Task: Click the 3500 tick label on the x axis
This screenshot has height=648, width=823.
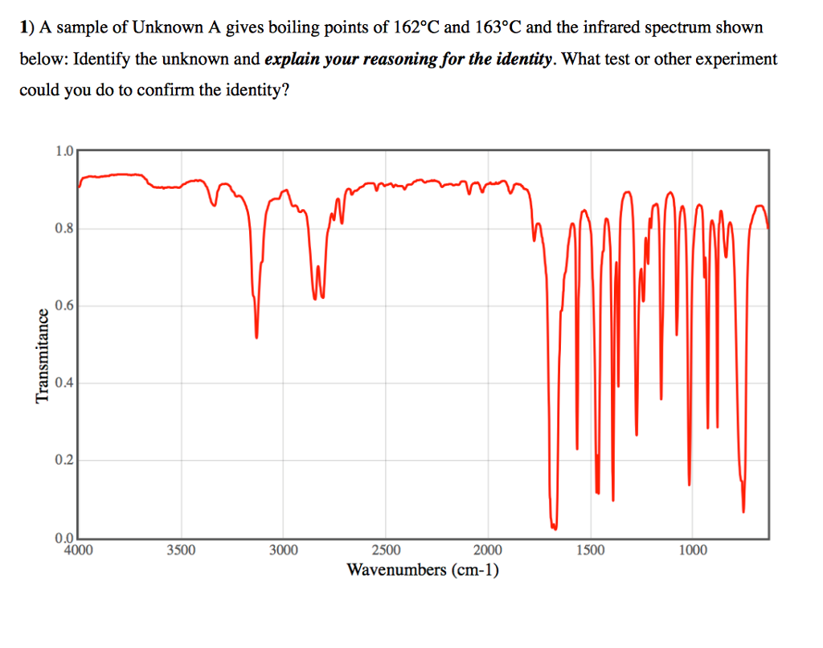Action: [181, 551]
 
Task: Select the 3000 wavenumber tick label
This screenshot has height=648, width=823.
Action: [283, 551]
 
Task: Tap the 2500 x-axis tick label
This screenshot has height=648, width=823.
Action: [386, 551]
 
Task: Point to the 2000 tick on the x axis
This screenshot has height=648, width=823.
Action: [488, 551]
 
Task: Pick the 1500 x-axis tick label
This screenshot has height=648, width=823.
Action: [590, 551]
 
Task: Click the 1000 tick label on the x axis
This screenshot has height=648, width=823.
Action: [693, 551]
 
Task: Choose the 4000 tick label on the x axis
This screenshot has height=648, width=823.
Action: [78, 551]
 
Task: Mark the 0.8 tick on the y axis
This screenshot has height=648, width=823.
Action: [64, 228]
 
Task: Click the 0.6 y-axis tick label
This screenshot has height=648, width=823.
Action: [64, 306]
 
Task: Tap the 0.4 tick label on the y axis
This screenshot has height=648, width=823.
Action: [64, 383]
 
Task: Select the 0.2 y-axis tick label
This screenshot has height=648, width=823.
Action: [64, 460]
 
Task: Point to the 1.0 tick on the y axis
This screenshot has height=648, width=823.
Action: [64, 150]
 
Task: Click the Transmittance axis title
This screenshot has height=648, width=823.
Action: [42, 355]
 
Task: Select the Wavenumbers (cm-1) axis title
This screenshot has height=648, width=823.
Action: [423, 570]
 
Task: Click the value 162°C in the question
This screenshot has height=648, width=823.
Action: [416, 27]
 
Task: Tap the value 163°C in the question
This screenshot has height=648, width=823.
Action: [497, 27]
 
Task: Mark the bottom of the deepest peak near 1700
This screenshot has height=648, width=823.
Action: [554, 527]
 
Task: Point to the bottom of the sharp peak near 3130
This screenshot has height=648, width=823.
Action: [256, 337]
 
